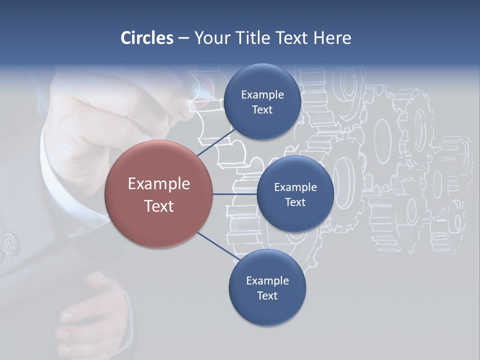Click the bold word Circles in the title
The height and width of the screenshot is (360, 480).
point(146,38)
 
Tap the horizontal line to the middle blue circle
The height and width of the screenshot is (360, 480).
point(234,194)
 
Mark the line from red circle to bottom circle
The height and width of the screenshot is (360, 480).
point(218,246)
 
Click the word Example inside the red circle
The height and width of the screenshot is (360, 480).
point(159,184)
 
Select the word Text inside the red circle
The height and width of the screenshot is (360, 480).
point(159,206)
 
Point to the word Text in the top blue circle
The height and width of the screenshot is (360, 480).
point(262,110)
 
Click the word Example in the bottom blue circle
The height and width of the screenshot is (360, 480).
point(267,280)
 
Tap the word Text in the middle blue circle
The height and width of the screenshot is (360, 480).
point(295,202)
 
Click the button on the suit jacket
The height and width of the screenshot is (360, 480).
point(9,243)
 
